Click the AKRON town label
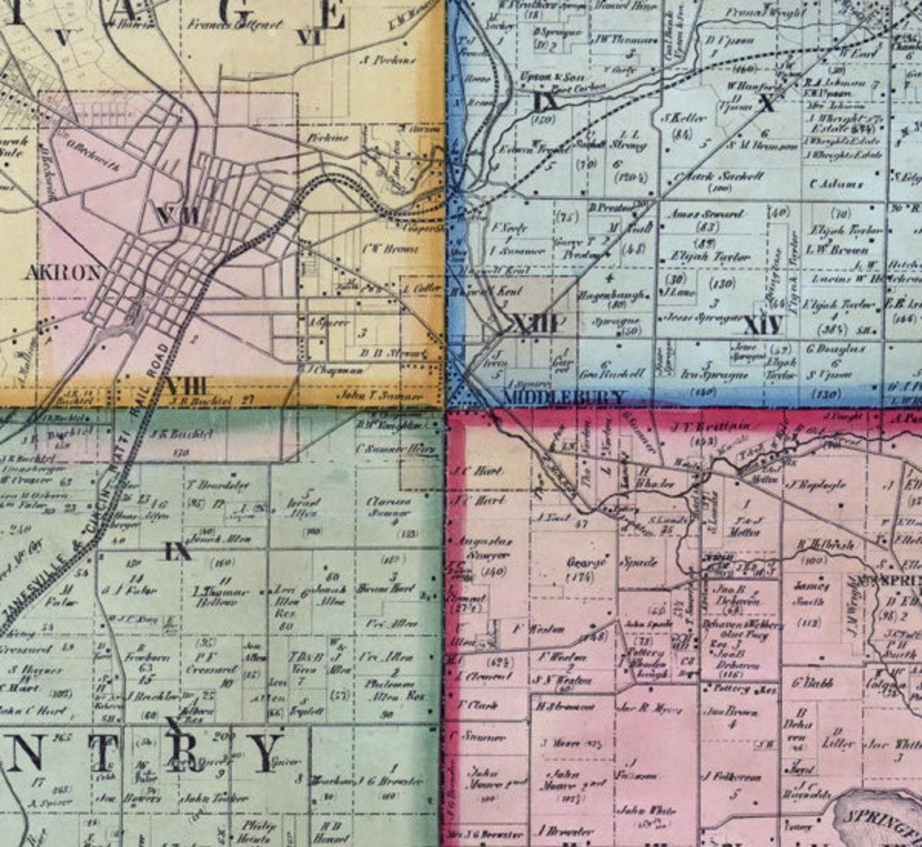[63, 272]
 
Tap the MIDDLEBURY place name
[564, 396]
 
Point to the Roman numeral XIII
[535, 324]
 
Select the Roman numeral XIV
[762, 326]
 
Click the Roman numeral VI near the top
[309, 36]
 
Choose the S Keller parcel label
[684, 118]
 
